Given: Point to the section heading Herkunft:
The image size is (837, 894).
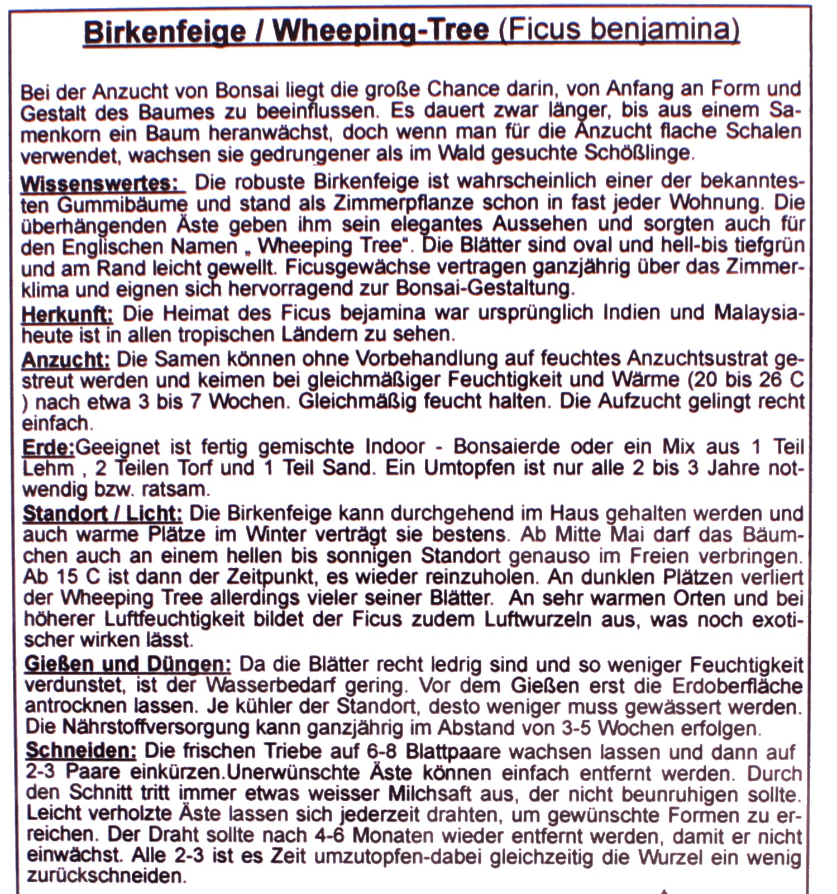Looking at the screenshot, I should coord(67,315).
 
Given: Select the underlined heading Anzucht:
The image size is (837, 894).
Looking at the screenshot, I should coord(65,359).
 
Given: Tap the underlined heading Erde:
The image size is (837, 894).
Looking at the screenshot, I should coord(48,447).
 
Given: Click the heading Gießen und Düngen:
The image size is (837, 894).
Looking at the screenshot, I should coord(128,665).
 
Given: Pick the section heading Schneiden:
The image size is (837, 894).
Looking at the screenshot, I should coord(81,751).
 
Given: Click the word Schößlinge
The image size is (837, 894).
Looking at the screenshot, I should coord(634,153).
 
